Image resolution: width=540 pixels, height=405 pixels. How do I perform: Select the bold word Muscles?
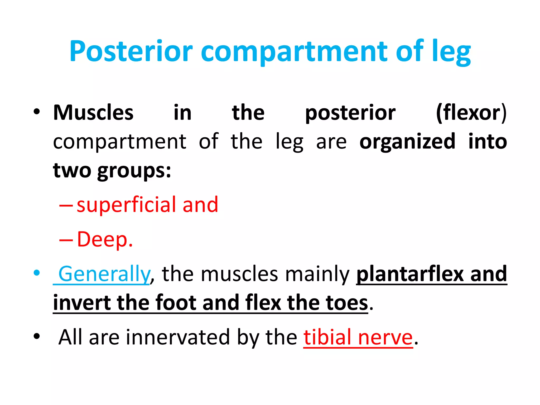coord(93,113)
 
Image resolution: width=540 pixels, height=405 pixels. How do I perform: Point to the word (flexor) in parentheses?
coord(471,113)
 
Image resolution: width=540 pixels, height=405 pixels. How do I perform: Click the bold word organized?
coord(407,142)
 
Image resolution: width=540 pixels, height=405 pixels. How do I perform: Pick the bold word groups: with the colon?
coord(134,171)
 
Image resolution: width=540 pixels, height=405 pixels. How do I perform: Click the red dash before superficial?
coord(66,205)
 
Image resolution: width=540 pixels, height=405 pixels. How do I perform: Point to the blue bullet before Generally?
coord(37,273)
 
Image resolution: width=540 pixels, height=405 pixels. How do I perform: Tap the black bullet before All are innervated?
coord(37,336)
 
